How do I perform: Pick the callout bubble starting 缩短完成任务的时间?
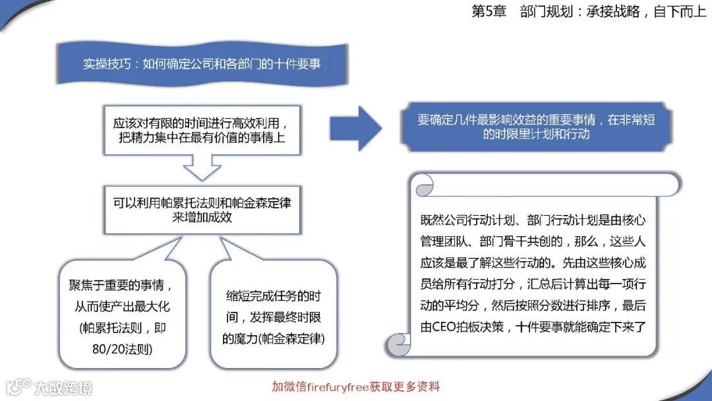coord(274,317)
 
